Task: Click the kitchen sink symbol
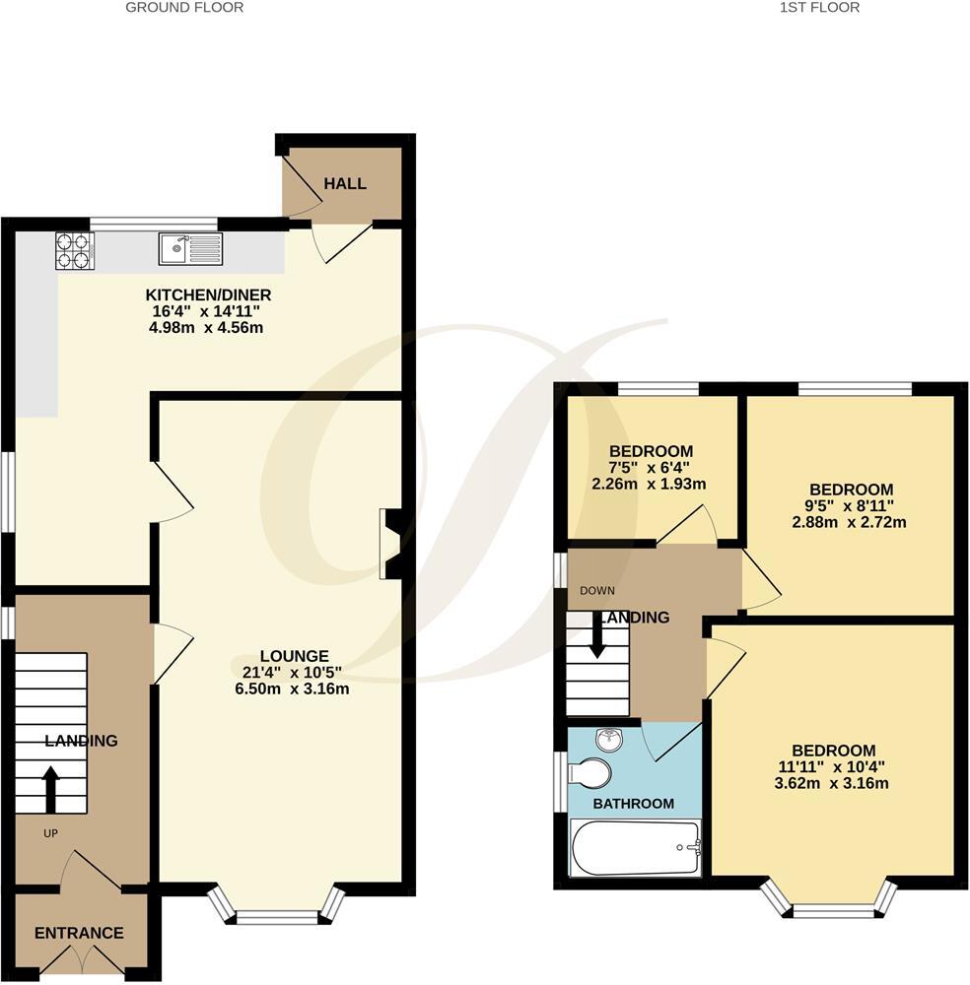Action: [x=191, y=248]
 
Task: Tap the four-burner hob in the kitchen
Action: [x=74, y=249]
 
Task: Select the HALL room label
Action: [x=345, y=184]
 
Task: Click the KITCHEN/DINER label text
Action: [x=208, y=295]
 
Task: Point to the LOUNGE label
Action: [x=294, y=656]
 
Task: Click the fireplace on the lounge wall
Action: [x=390, y=543]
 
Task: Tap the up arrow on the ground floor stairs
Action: [x=50, y=788]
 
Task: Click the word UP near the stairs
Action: [x=50, y=833]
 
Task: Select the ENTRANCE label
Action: [x=79, y=933]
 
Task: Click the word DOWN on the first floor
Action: [x=597, y=591]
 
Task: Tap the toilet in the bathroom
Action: [x=591, y=773]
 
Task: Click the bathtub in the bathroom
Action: [x=636, y=847]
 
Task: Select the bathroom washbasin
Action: [x=610, y=738]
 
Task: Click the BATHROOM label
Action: [x=633, y=804]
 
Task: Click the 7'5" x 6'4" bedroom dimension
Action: [x=652, y=468]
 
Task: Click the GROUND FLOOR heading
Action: [x=184, y=8]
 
